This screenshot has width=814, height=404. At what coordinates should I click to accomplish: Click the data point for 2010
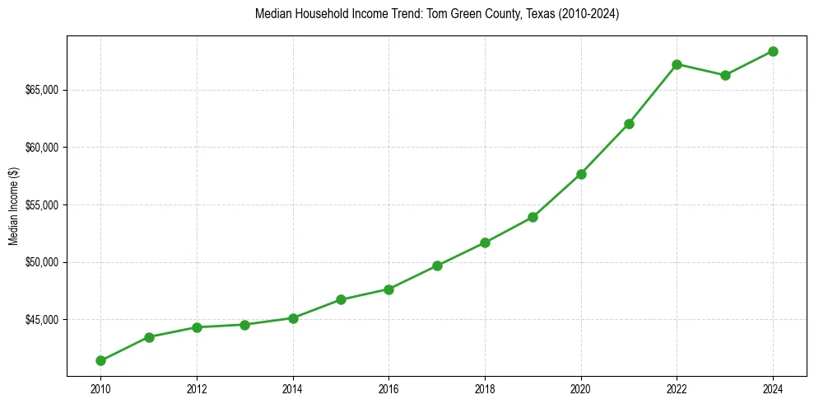tap(100, 360)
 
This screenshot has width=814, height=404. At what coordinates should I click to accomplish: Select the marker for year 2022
tap(677, 64)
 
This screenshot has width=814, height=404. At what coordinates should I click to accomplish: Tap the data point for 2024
tap(773, 51)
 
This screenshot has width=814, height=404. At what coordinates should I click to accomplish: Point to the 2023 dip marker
tap(725, 75)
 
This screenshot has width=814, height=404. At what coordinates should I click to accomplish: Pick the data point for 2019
tap(533, 217)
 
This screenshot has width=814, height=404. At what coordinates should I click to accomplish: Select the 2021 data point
tap(629, 124)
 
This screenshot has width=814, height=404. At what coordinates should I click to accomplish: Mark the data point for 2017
tap(437, 265)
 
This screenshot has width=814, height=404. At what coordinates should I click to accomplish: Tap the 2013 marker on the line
tap(244, 325)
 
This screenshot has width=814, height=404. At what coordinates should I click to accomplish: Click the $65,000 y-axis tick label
tap(41, 90)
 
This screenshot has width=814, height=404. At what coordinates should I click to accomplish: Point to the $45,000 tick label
tap(41, 320)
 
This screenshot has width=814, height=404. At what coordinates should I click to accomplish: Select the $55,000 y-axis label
tap(41, 204)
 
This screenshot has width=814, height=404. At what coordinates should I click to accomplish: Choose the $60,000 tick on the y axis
tap(41, 148)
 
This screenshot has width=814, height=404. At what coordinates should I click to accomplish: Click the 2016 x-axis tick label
tap(388, 388)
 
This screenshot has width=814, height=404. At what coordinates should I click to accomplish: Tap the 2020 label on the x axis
tap(581, 388)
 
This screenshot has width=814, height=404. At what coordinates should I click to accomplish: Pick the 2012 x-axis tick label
tap(197, 388)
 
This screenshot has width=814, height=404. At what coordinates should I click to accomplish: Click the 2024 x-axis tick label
tap(773, 388)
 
